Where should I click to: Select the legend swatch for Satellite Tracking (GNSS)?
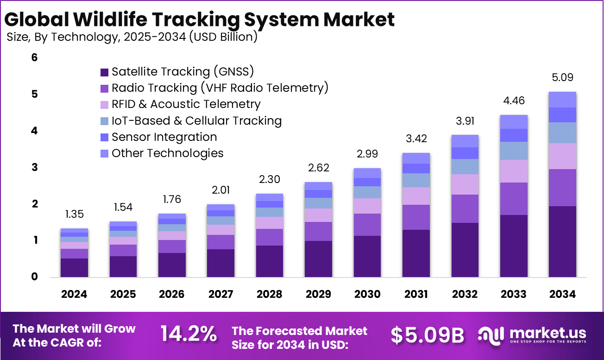pyautogui.click(x=104, y=72)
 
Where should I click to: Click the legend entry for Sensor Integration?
pyautogui.click(x=164, y=137)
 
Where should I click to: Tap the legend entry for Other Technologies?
pyautogui.click(x=167, y=153)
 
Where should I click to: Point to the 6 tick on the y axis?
pyautogui.click(x=34, y=58)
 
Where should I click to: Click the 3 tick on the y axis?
pyautogui.click(x=34, y=168)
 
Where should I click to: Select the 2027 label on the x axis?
pyautogui.click(x=220, y=294)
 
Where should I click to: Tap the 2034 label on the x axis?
pyautogui.click(x=562, y=294)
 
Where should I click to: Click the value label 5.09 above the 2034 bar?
pyautogui.click(x=562, y=77)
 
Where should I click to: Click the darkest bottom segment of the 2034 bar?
pyautogui.click(x=562, y=241)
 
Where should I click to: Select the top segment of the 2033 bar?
pyautogui.click(x=514, y=122)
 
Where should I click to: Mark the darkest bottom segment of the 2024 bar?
pyautogui.click(x=74, y=267)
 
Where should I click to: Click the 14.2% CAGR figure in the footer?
pyautogui.click(x=189, y=334)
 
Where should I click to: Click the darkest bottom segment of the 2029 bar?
pyautogui.click(x=318, y=259)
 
